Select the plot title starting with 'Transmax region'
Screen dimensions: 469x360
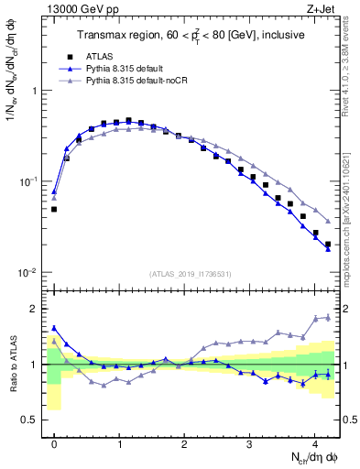[x=191, y=35]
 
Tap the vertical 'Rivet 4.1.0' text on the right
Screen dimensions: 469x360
[x=352, y=64]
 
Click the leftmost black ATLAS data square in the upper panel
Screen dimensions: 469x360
[x=54, y=209]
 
